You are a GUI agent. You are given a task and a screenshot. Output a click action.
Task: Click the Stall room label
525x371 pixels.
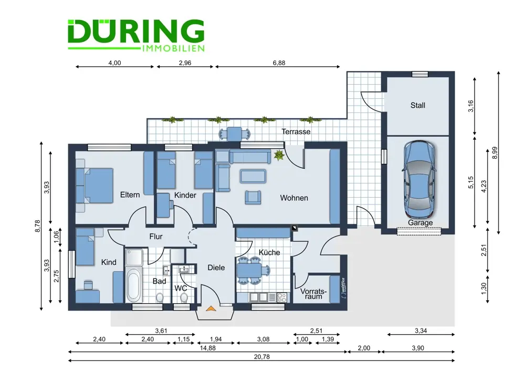(418, 105)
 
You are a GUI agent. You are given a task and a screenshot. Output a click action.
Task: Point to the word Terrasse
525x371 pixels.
(296, 131)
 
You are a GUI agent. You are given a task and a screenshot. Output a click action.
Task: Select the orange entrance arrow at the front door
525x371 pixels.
(211, 308)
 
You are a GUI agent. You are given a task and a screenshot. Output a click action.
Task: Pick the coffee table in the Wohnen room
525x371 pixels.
(253, 176)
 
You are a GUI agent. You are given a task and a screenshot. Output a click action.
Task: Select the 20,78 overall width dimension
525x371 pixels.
(261, 357)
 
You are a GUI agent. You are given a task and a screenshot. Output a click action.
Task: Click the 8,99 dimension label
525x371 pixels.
(495, 153)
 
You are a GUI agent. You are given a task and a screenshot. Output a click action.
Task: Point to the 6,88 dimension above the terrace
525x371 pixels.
(279, 63)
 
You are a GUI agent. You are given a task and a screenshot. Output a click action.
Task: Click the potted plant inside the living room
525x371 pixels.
(279, 155)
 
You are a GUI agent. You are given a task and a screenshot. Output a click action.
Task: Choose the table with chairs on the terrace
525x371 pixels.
(235, 133)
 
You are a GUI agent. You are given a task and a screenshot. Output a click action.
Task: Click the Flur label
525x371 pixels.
(156, 236)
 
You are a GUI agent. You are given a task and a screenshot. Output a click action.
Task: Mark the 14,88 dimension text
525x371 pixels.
(207, 348)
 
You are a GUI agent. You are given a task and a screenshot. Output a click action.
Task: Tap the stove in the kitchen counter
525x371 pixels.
(281, 297)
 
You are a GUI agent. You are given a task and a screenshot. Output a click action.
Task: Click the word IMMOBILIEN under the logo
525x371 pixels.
(173, 48)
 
